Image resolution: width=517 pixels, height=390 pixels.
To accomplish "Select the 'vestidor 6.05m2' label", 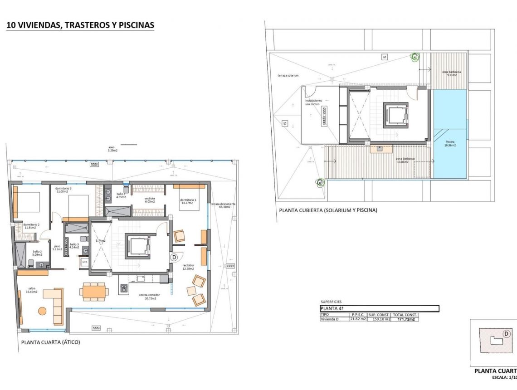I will pos(150,200).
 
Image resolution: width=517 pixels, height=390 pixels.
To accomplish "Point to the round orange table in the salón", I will pos(42,311).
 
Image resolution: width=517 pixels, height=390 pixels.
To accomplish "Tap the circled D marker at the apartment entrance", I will pos(174,257).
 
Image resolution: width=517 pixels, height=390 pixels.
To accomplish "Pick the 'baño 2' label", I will pos(37,253).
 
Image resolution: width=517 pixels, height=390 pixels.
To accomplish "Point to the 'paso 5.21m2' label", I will pos(57,248).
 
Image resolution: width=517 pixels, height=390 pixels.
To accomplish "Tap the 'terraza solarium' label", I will pos(288,75).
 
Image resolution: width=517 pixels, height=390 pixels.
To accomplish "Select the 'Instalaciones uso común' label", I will pos(313,102).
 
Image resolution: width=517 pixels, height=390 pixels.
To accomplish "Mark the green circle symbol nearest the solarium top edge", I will pos(415,57).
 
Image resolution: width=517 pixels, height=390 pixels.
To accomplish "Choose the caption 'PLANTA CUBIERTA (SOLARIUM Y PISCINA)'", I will pos(328,210).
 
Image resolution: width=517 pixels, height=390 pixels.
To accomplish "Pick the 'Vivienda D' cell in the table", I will pos(331,319).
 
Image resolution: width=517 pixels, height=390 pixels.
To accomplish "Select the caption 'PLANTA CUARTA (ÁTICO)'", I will pos(50,342).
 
